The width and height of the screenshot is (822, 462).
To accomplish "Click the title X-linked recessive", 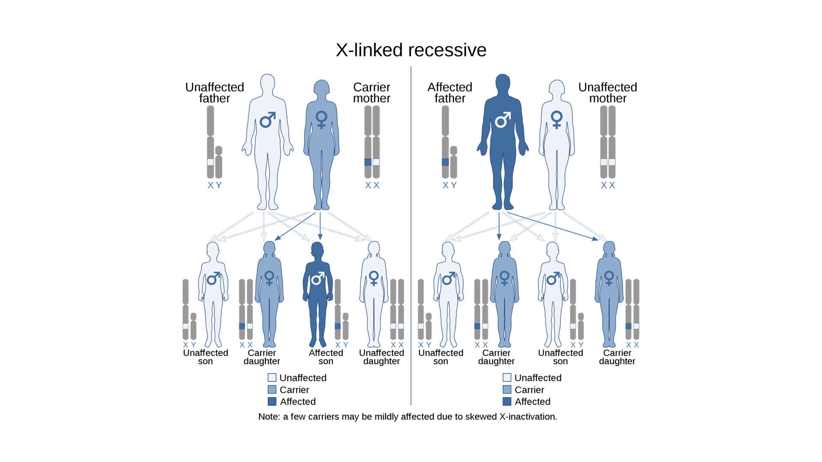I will coord(411,50).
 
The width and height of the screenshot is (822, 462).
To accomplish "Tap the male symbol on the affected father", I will coord(503,120).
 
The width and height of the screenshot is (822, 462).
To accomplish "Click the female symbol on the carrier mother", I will coord(321,119).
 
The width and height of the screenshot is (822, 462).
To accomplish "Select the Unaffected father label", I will coord(214,93).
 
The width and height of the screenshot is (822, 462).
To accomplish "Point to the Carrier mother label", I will coord(372,93).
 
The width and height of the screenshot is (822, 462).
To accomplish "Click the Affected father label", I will coord(450,93).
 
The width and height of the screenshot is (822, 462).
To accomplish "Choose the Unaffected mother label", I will coord(608,93).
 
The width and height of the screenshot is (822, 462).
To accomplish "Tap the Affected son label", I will coord(326,357).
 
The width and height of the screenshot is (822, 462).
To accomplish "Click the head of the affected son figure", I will coord(317,249).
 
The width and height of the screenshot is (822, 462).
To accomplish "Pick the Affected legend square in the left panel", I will coord(272,402).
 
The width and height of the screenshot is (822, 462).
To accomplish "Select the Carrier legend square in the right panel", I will coord(507,390).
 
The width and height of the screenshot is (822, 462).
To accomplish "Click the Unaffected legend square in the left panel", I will coord(272,378).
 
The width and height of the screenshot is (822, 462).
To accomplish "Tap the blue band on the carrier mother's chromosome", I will coord(368,162).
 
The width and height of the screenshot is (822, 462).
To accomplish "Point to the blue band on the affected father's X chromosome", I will coord(445,162).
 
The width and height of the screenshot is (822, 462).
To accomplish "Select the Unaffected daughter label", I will coord(381,357).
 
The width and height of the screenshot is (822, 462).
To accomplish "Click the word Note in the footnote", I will coord(268,417).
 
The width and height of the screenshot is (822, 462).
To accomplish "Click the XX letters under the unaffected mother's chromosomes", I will coord(608,185).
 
